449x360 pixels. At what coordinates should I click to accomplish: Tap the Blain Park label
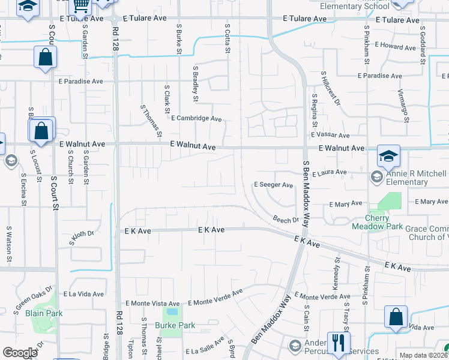(45, 313)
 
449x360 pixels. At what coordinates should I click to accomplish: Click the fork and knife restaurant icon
(339, 343)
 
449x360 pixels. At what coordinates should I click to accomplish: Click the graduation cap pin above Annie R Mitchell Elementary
(388, 157)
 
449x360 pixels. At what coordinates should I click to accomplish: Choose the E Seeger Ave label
(273, 185)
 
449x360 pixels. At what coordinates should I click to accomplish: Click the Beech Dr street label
(285, 220)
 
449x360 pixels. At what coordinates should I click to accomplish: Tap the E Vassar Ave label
(330, 136)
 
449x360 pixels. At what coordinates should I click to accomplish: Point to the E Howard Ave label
(395, 46)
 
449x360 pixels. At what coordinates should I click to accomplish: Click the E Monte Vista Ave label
(152, 304)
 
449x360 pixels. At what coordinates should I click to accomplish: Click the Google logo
(20, 353)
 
